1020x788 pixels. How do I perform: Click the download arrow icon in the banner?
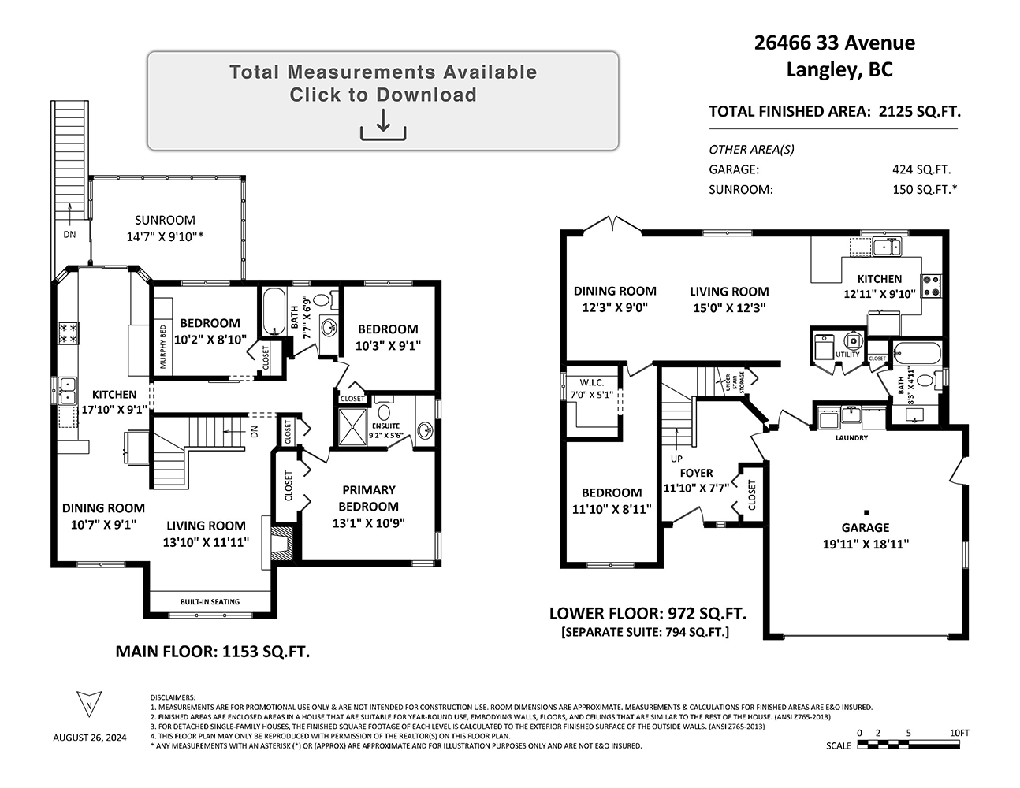(x=383, y=125)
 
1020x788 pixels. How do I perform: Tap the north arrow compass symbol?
(x=89, y=704)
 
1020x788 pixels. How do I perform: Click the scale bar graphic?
(x=908, y=745)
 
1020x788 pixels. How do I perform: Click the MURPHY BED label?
(x=163, y=346)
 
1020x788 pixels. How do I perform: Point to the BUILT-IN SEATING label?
(x=210, y=602)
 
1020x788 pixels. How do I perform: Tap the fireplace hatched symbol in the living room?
(x=283, y=543)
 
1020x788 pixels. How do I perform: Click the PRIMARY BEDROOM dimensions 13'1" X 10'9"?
(x=368, y=523)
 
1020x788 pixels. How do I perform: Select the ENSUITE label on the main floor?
(x=385, y=426)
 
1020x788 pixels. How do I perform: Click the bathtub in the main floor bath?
(x=274, y=311)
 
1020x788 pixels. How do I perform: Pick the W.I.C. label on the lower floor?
(x=591, y=383)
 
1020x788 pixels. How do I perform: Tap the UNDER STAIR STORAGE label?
(x=735, y=381)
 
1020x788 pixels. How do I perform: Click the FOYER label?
(x=696, y=473)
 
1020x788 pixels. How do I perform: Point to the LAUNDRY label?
(x=851, y=438)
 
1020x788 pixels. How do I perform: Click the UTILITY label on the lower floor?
(x=847, y=355)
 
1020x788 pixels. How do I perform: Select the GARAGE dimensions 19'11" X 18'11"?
(x=866, y=544)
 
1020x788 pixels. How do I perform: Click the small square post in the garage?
(x=866, y=513)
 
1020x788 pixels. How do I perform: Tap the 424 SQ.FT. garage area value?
(x=921, y=169)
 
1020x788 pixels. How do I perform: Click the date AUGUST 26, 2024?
(x=90, y=738)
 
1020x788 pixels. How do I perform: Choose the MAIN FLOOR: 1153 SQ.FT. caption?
(x=213, y=652)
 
